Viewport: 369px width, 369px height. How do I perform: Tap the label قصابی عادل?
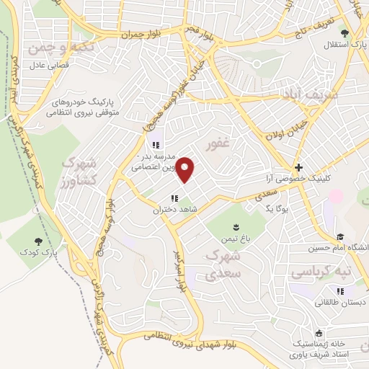click(48, 63)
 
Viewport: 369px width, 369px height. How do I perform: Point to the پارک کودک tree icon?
click(38, 242)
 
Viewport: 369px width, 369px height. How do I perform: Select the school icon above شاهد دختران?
click(174, 198)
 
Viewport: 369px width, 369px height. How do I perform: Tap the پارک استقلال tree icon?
click(345, 33)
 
